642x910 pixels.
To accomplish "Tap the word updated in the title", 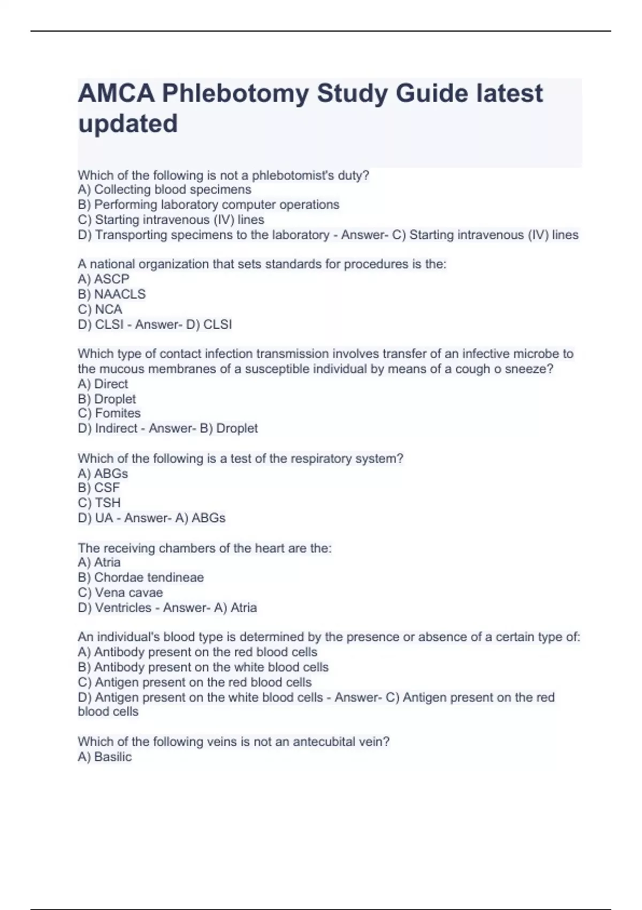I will tap(128, 124).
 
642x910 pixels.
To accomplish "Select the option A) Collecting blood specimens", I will tap(164, 189).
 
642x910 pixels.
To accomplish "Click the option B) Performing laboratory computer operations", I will tap(208, 204).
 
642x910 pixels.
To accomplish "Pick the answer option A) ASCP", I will tap(103, 279).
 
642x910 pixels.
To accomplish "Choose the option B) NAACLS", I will tap(111, 294).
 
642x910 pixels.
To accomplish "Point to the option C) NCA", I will tap(100, 309).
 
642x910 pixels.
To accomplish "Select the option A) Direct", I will tap(103, 384).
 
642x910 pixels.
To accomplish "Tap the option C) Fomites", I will tap(109, 413).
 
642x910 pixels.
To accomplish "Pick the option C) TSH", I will tap(99, 503).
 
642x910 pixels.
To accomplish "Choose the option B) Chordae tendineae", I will tap(141, 578).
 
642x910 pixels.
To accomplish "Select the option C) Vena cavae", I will tap(120, 593).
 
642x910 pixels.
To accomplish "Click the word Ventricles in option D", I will tap(123, 608).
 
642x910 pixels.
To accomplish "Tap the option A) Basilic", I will tap(104, 757).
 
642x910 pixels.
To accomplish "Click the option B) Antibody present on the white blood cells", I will tap(203, 667).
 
